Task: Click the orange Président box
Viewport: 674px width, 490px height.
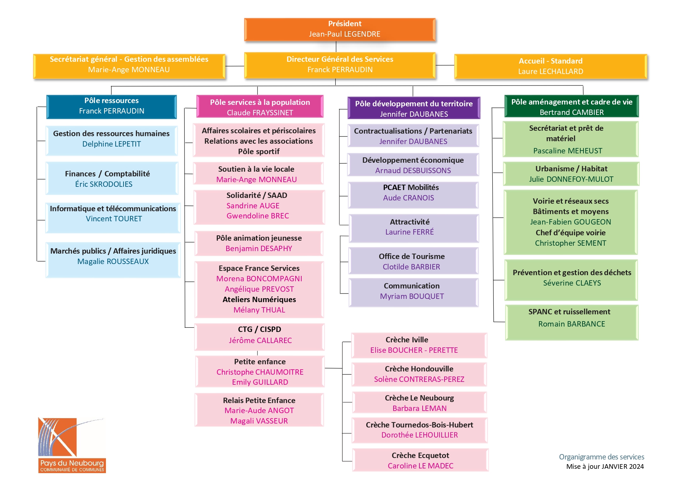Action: click(x=340, y=29)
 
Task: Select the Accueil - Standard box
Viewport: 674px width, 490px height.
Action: click(x=550, y=66)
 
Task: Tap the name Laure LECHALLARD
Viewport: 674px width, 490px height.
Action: click(x=550, y=71)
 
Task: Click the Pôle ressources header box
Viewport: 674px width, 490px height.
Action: click(x=112, y=107)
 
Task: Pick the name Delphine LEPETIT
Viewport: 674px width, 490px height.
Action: click(x=112, y=144)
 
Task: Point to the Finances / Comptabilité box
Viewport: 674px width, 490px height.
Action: click(x=112, y=178)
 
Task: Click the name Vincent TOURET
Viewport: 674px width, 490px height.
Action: click(x=114, y=219)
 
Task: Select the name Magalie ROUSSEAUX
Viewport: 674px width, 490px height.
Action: click(x=113, y=262)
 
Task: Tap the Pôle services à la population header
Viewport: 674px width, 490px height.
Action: click(x=260, y=107)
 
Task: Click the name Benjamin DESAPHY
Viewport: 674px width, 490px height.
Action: click(x=259, y=249)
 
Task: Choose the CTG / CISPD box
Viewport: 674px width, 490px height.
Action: click(x=260, y=337)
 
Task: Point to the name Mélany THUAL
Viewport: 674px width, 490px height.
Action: click(x=259, y=310)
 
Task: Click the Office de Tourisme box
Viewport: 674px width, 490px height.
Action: click(x=413, y=261)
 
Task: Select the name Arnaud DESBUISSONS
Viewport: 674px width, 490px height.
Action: click(x=413, y=171)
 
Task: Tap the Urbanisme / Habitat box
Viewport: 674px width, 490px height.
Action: click(x=571, y=174)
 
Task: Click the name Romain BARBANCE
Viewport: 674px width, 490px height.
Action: click(x=572, y=324)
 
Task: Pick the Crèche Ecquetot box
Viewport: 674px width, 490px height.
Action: click(x=420, y=460)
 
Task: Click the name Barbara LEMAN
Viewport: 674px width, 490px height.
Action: click(x=419, y=408)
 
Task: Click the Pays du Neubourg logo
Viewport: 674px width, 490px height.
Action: click(x=72, y=445)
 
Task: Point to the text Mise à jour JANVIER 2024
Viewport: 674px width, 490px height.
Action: click(x=605, y=467)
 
